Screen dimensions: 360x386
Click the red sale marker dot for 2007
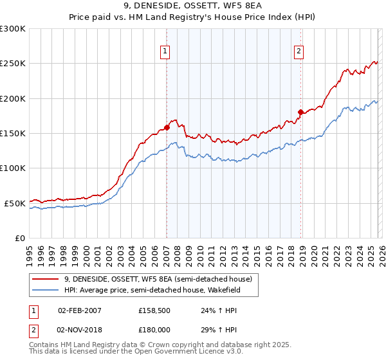[167, 127]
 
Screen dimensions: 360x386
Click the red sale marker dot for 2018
[300, 112]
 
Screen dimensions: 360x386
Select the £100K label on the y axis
[13, 168]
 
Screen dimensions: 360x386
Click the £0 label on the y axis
[21, 238]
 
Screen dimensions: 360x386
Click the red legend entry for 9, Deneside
[161, 279]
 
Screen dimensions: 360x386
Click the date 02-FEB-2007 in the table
[80, 310]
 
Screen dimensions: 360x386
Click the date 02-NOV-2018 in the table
[80, 330]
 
